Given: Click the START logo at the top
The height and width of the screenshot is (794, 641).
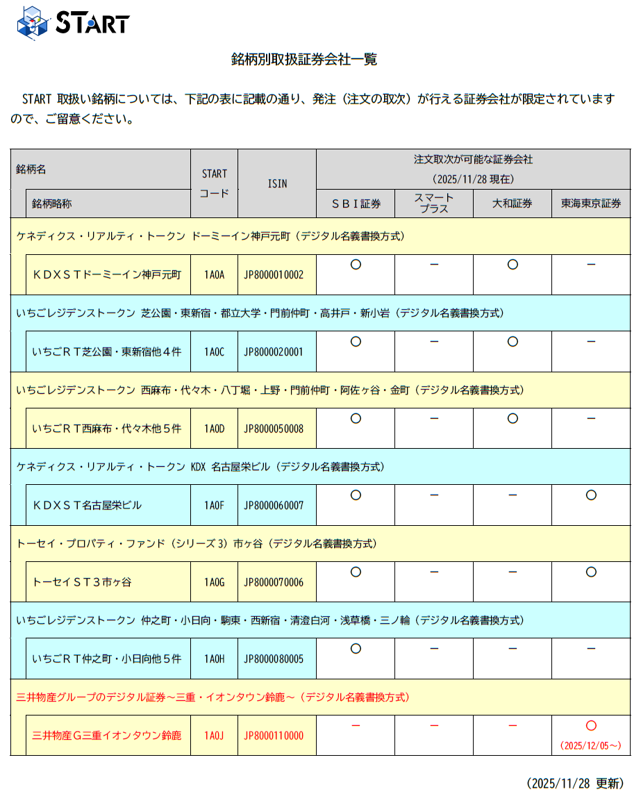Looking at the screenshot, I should [x=73, y=22].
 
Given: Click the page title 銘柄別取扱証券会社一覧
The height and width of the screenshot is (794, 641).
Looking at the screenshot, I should [x=303, y=59].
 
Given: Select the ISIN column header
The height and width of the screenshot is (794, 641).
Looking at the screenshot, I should [x=277, y=184].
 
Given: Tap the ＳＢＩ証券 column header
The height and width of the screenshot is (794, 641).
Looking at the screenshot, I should [x=356, y=204].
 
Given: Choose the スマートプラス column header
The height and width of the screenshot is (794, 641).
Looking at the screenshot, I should [x=434, y=204].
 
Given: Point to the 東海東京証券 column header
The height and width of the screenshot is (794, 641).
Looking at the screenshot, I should [x=591, y=204].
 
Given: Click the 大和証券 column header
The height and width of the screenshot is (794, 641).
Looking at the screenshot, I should [x=513, y=204].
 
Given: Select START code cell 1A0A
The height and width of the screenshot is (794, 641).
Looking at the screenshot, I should [x=214, y=274].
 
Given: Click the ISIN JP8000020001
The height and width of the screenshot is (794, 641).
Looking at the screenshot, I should [x=274, y=351].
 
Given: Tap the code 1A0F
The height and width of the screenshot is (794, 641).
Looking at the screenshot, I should [x=214, y=505].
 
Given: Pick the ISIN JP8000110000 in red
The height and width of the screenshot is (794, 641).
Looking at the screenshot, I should [x=274, y=736].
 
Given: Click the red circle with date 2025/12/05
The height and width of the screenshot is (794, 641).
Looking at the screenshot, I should [x=591, y=726].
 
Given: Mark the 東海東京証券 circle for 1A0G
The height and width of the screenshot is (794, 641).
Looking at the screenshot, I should [x=591, y=572].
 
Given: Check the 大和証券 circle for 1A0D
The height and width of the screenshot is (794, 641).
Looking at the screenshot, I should [x=513, y=418].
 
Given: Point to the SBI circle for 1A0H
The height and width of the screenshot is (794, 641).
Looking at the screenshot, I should [x=356, y=649].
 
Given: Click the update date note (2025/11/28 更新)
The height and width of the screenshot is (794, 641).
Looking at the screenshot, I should [x=575, y=783].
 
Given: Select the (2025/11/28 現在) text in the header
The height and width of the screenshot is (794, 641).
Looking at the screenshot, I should [x=473, y=179].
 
